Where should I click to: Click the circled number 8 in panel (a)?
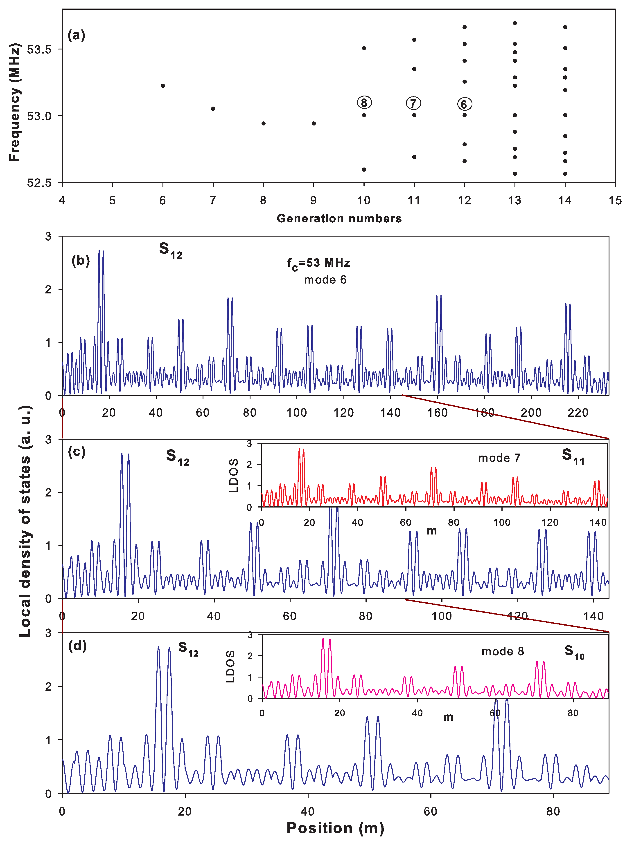tap(364, 103)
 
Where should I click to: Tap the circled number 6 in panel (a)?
tap(464, 104)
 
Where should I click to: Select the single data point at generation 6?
tap(163, 86)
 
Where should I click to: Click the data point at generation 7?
tap(213, 108)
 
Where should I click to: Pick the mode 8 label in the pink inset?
tap(502, 651)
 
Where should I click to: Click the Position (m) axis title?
tap(335, 828)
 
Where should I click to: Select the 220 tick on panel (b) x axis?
tap(578, 412)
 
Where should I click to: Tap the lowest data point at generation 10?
tap(364, 169)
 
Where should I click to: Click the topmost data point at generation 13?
tap(514, 23)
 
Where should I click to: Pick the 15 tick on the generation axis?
tap(615, 200)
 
